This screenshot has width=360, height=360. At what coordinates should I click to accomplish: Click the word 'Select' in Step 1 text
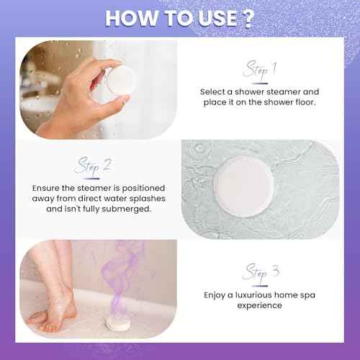tap(216, 92)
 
